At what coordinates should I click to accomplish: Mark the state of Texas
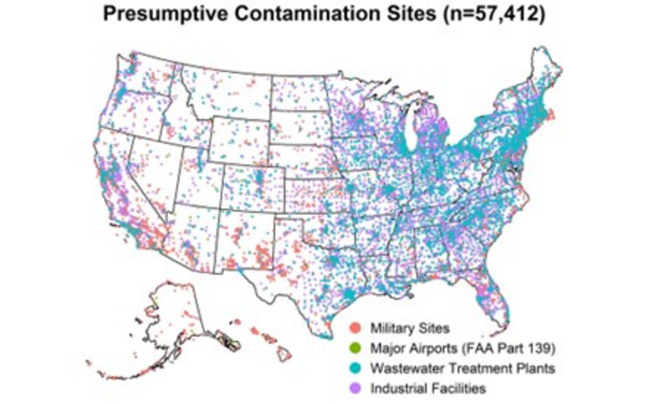click(x=305, y=258)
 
